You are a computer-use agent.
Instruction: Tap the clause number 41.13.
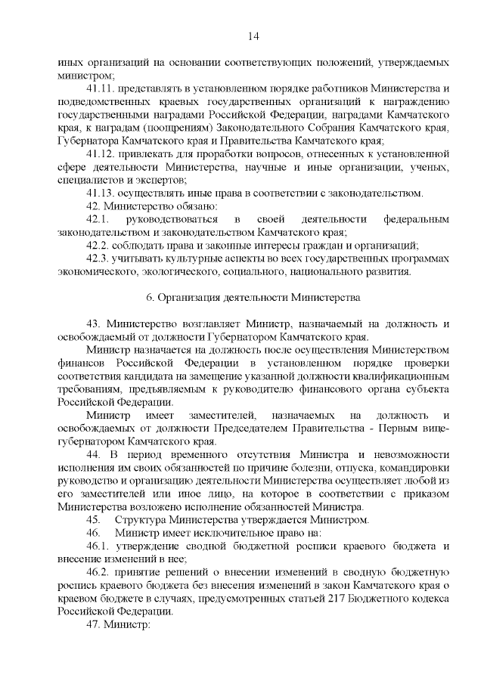pos(100,193)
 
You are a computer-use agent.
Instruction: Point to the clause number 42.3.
pos(98,258)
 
